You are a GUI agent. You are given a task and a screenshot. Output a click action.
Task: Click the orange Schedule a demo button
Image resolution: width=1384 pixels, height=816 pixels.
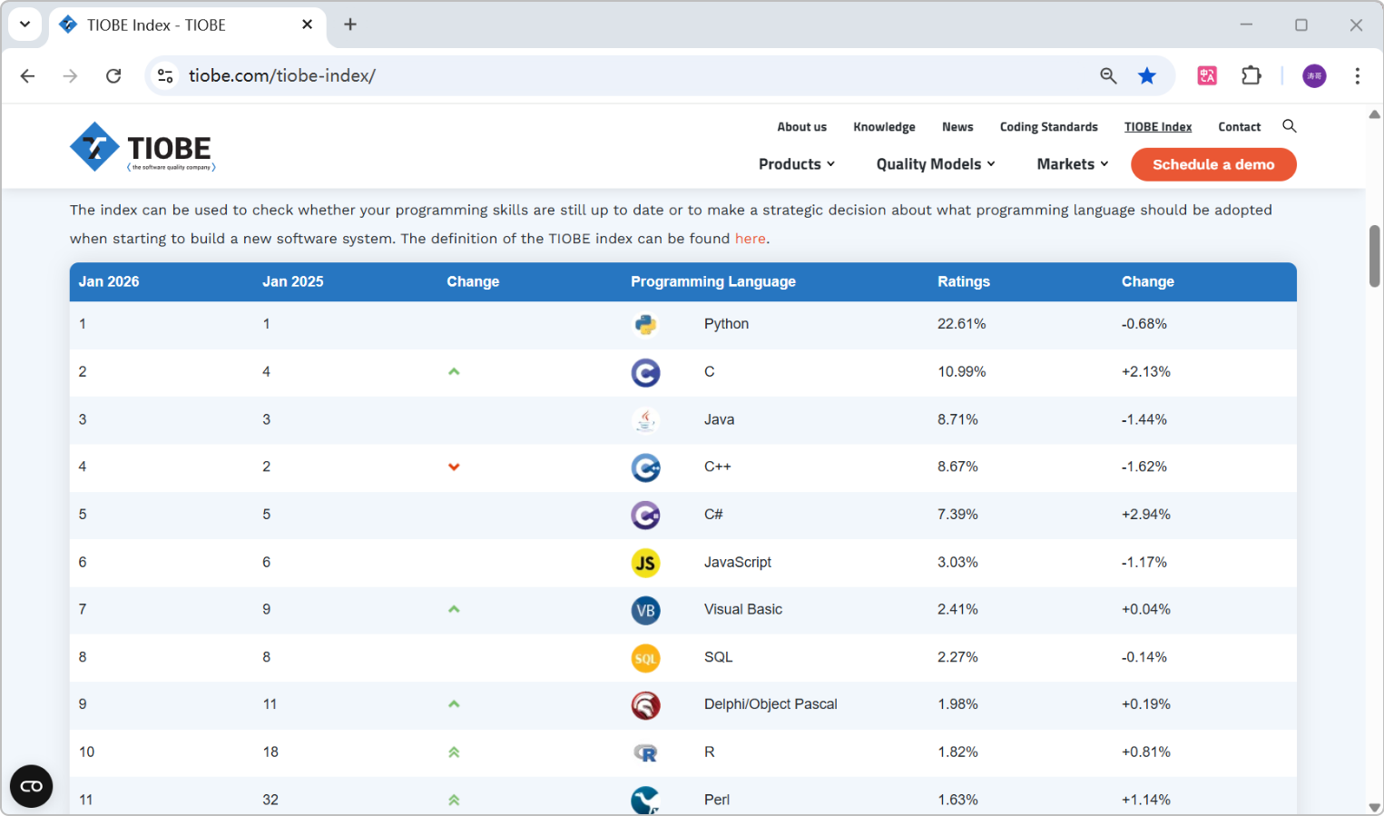pyautogui.click(x=1213, y=164)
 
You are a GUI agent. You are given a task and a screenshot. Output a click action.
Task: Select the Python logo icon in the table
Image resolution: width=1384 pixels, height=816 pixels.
pyautogui.click(x=645, y=324)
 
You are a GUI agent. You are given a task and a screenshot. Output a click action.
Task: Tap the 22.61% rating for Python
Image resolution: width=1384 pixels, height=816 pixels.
pyautogui.click(x=961, y=324)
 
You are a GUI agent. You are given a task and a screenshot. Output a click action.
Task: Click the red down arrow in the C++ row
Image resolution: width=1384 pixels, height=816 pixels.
pyautogui.click(x=454, y=467)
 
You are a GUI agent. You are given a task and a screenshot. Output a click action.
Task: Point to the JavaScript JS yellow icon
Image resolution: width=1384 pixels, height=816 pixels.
pyautogui.click(x=645, y=563)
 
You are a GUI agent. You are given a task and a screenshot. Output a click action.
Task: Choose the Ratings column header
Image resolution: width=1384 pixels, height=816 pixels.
pyautogui.click(x=963, y=281)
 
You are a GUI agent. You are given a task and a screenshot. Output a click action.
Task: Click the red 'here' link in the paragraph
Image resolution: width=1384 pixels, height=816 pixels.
pyautogui.click(x=750, y=239)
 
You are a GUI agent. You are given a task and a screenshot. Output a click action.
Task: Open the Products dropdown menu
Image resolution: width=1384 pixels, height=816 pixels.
pyautogui.click(x=797, y=163)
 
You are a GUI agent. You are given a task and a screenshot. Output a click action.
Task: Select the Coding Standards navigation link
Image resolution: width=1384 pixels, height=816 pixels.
pyautogui.click(x=1048, y=127)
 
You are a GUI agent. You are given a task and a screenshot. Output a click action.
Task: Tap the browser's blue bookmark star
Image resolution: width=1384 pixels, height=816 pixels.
pyautogui.click(x=1147, y=76)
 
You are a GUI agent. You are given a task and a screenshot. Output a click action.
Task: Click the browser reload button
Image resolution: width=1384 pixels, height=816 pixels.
pyautogui.click(x=113, y=76)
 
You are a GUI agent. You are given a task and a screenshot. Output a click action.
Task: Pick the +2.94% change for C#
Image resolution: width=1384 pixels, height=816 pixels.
pyautogui.click(x=1145, y=515)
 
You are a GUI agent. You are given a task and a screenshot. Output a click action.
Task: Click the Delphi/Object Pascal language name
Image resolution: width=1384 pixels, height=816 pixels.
pyautogui.click(x=771, y=704)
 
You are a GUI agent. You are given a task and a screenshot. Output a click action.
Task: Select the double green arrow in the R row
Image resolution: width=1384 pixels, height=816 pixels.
pyautogui.click(x=454, y=752)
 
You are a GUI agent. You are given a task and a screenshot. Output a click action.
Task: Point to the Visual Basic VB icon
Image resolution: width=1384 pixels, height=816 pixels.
pyautogui.click(x=645, y=610)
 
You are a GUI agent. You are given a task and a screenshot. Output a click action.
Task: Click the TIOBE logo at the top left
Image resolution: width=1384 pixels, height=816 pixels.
pyautogui.click(x=142, y=147)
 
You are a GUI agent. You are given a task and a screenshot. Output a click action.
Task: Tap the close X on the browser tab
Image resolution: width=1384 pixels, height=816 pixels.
pyautogui.click(x=307, y=25)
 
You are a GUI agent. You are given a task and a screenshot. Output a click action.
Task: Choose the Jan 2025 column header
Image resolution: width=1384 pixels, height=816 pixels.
pyautogui.click(x=293, y=281)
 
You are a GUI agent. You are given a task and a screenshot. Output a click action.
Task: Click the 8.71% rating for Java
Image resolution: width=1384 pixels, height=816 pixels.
pyautogui.click(x=957, y=419)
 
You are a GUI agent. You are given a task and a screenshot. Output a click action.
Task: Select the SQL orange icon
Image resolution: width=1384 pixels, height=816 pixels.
pyautogui.click(x=645, y=658)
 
